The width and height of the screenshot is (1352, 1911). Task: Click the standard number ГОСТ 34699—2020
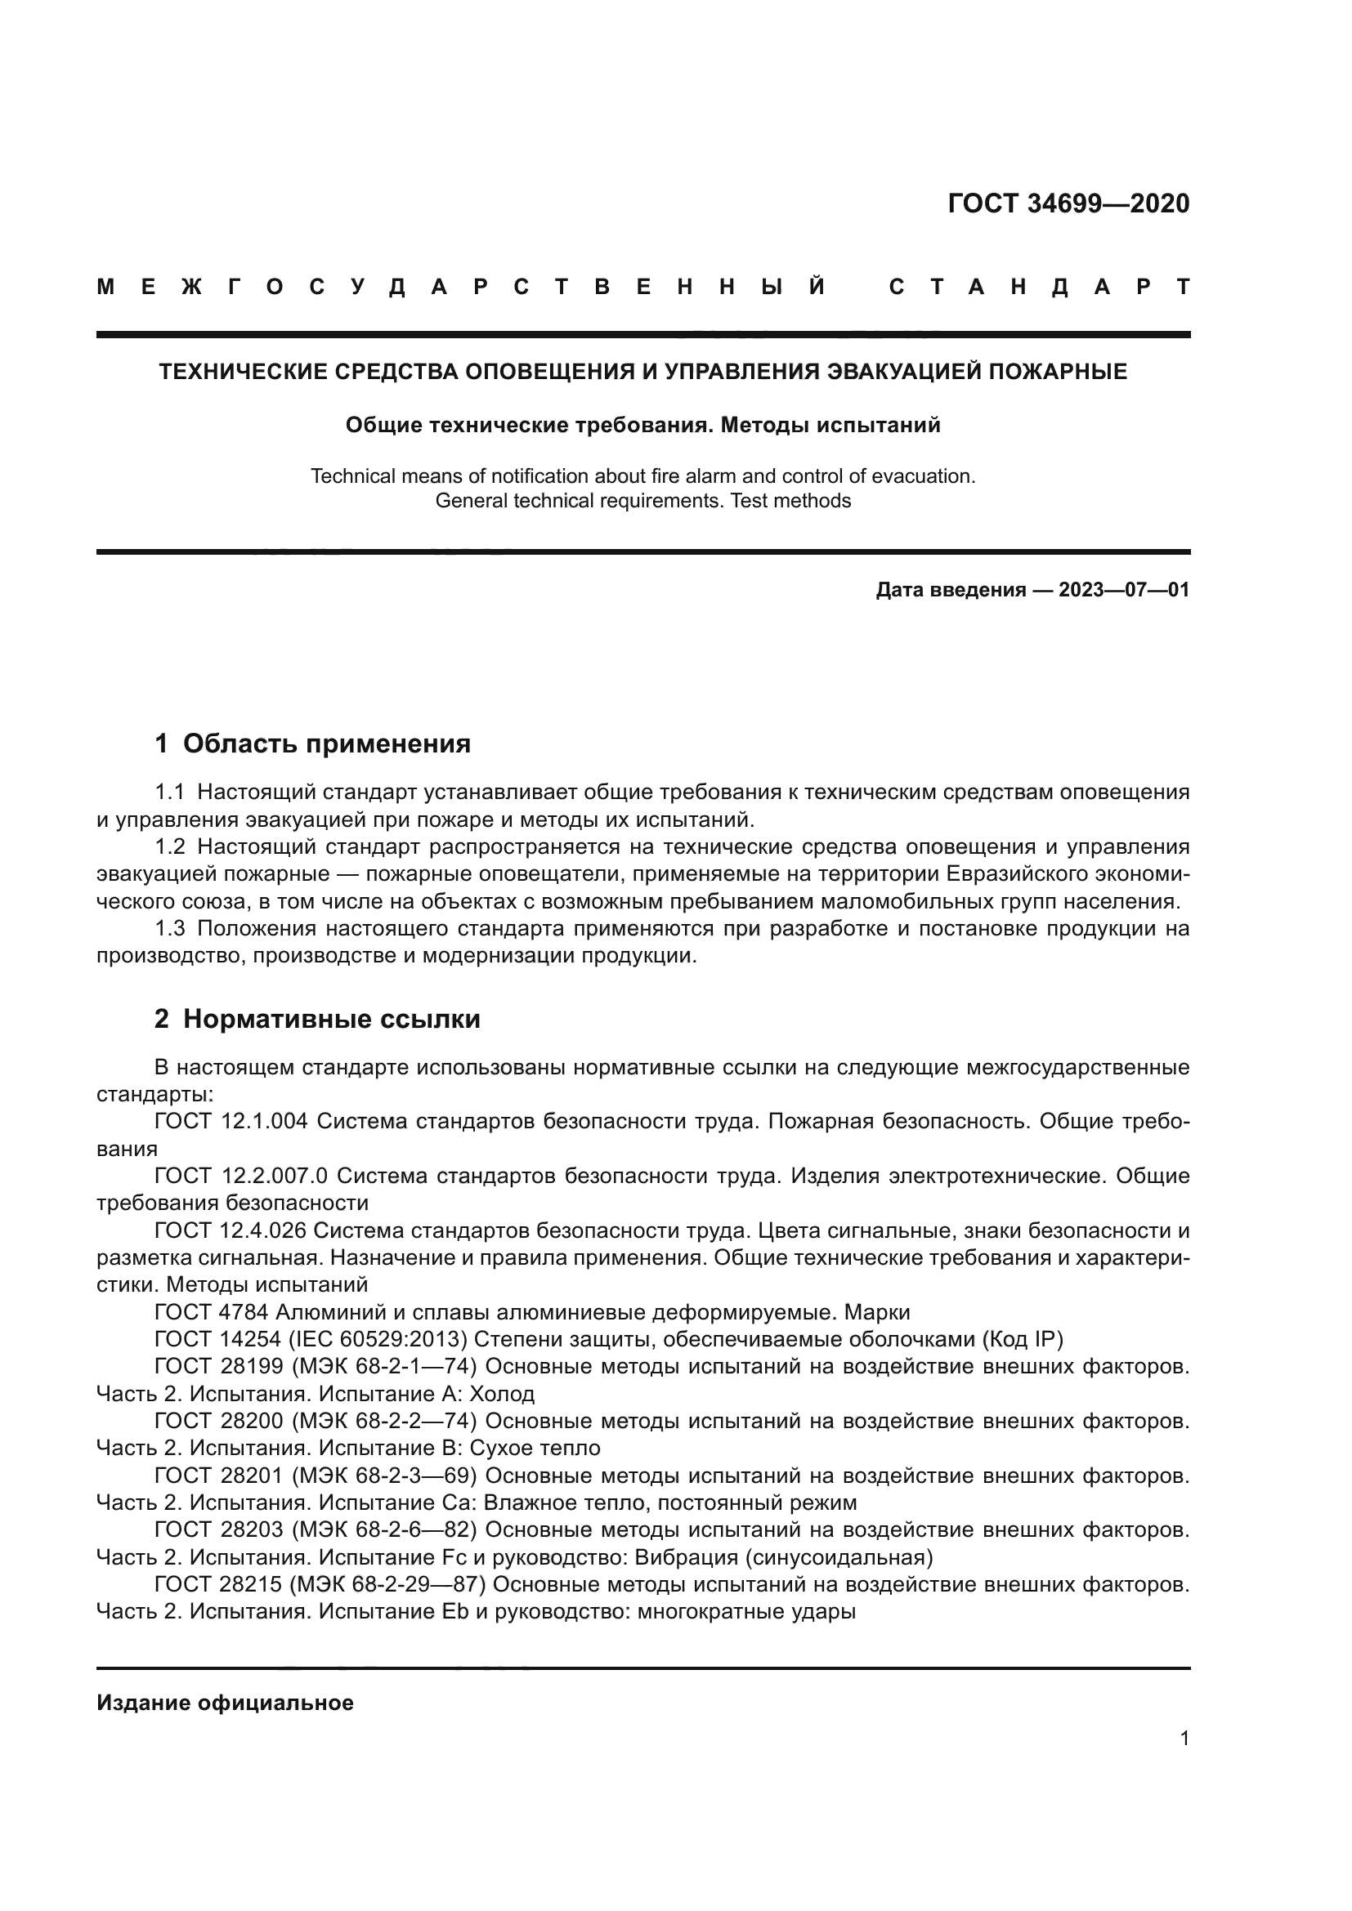pyautogui.click(x=1068, y=203)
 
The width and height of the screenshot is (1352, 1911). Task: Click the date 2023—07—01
pyautogui.click(x=1123, y=590)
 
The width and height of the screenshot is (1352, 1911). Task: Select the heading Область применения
pyautogui.click(x=326, y=743)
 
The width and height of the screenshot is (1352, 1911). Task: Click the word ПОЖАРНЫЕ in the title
pyautogui.click(x=1057, y=371)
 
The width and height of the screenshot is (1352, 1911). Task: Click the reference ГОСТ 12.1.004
pyautogui.click(x=231, y=1121)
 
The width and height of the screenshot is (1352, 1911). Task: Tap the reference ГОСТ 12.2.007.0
pyautogui.click(x=240, y=1176)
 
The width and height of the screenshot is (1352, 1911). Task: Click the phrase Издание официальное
pyautogui.click(x=225, y=1703)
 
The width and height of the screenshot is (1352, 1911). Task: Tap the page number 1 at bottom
pyautogui.click(x=1184, y=1739)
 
